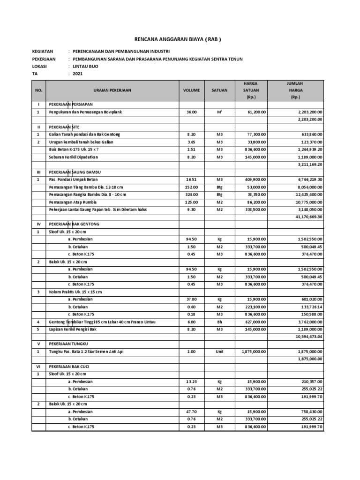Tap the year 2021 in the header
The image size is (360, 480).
[77, 74]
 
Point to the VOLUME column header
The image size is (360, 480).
[191, 90]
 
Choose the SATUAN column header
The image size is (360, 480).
[219, 90]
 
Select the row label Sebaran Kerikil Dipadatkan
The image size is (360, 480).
[74, 157]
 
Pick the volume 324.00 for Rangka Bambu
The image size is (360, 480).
[191, 195]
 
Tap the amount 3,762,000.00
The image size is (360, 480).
[307, 322]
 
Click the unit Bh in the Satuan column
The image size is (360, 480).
[219, 322]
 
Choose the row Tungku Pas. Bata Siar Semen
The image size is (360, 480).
[87, 351]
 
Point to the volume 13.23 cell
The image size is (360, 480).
[191, 381]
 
